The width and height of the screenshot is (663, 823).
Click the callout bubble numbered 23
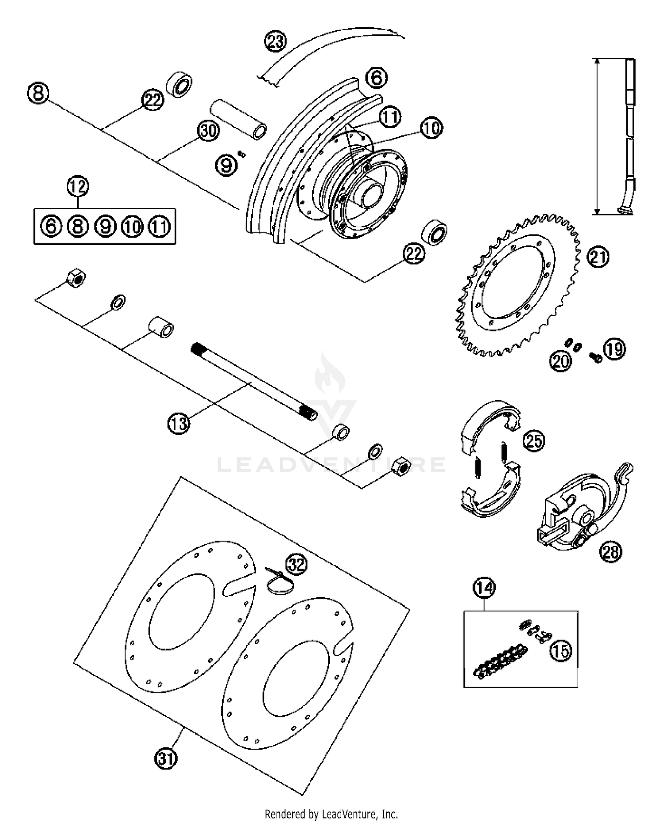click(x=275, y=42)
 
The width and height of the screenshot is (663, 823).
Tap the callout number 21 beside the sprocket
click(x=598, y=258)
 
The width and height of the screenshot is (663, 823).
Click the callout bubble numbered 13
click(x=179, y=424)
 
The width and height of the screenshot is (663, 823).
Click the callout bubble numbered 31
click(x=166, y=758)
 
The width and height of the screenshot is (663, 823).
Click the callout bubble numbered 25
click(x=534, y=441)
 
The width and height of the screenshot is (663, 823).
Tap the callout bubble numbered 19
click(x=615, y=349)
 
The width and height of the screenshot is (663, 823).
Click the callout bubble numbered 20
click(x=560, y=361)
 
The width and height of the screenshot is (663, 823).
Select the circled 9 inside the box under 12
click(x=105, y=227)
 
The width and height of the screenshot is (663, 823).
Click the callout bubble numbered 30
click(x=208, y=131)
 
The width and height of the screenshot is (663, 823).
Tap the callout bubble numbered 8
click(x=38, y=94)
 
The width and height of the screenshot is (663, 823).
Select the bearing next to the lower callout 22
click(x=435, y=231)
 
